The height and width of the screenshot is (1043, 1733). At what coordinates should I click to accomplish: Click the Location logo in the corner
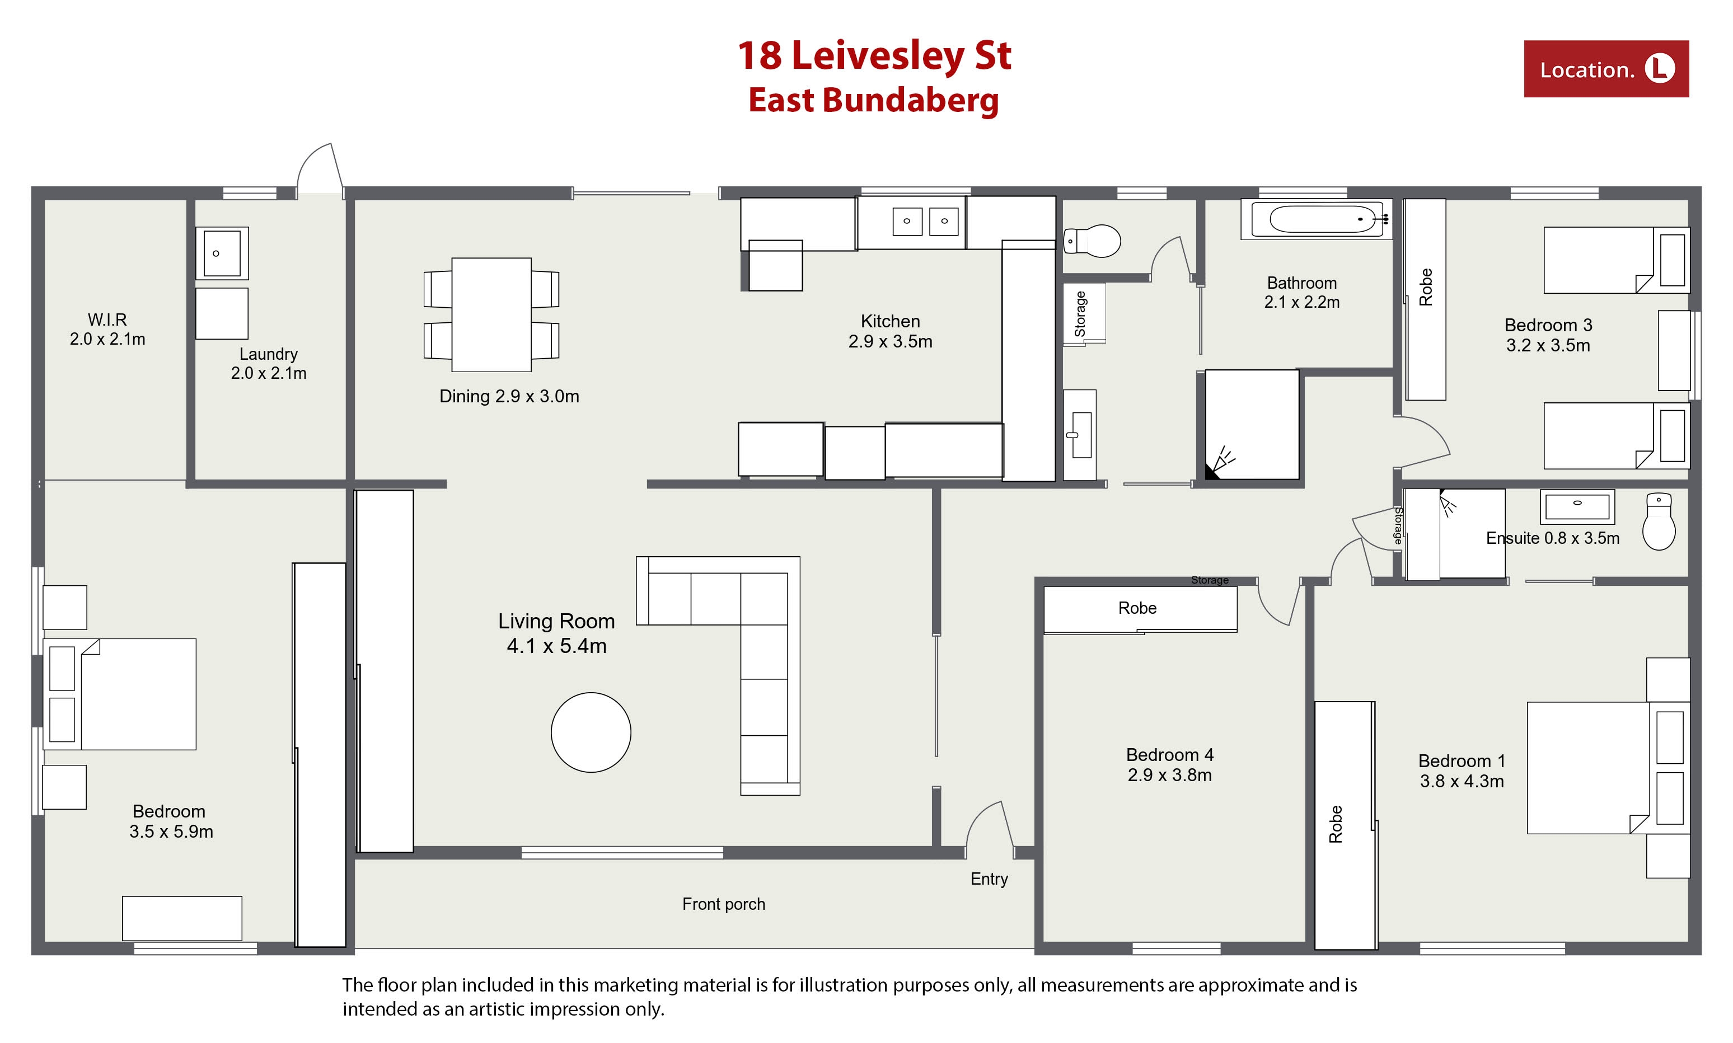pyautogui.click(x=1606, y=69)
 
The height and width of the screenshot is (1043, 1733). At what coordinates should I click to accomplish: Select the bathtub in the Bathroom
pyautogui.click(x=1316, y=219)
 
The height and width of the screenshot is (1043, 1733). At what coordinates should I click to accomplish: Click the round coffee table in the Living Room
pyautogui.click(x=591, y=732)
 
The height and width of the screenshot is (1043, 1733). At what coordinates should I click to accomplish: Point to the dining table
pyautogui.click(x=491, y=314)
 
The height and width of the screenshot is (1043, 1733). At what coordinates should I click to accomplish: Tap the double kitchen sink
pyautogui.click(x=925, y=222)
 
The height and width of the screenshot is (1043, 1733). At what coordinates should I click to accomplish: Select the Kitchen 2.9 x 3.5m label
pyautogui.click(x=890, y=331)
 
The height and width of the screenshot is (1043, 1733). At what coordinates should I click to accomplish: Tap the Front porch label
pyautogui.click(x=723, y=904)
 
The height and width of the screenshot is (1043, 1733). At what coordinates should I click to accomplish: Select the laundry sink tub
pyautogui.click(x=222, y=253)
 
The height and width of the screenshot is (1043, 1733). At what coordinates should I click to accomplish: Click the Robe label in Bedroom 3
pyautogui.click(x=1426, y=286)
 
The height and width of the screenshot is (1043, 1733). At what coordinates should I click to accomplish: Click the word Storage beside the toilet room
pyautogui.click(x=1080, y=313)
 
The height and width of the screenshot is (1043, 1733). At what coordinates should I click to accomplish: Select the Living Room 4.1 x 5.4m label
pyautogui.click(x=556, y=633)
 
